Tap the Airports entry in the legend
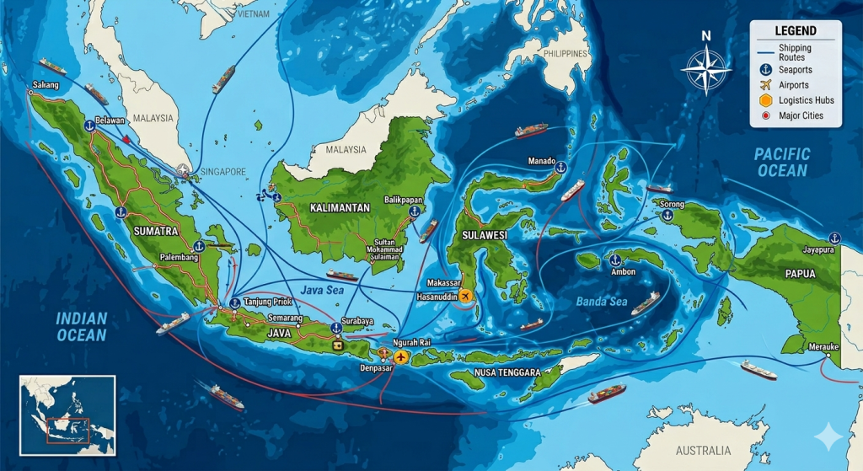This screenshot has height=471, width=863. coord(794,85)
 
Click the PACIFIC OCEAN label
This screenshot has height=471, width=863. coord(781,162)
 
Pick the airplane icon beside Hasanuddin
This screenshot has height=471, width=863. coord(462,296)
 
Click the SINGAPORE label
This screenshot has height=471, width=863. coord(224,172)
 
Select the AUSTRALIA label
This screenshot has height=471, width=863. coord(702,450)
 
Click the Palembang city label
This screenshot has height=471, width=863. coord(178,258)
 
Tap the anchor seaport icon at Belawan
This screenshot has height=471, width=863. coord(88,126)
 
